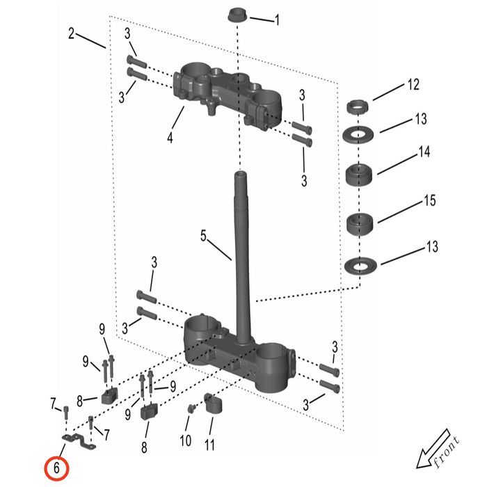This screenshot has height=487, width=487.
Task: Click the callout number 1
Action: coord(277,20)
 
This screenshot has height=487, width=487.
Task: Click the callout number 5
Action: coord(204,237)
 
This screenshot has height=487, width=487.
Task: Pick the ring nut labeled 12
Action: coord(357,106)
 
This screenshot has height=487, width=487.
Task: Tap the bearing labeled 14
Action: coord(361,173)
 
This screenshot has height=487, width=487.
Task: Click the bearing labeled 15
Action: coord(361,224)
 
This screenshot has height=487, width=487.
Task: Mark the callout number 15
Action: coord(429,201)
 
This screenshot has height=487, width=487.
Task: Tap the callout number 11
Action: coord(209,443)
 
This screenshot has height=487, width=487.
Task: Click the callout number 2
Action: coord(71,33)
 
